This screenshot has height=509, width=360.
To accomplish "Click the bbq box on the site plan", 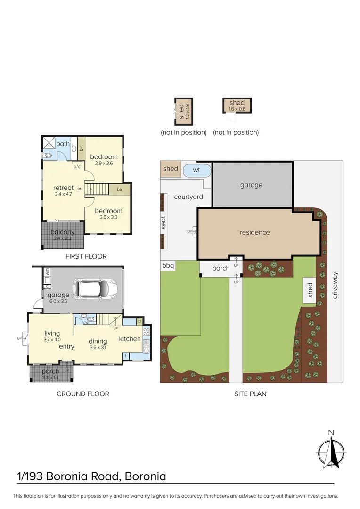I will point(168,266).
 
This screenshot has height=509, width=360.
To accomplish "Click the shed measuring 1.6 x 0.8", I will point(237,105).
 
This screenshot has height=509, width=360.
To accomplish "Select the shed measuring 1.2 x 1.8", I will point(183,111).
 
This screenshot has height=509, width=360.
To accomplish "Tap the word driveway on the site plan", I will point(335,286).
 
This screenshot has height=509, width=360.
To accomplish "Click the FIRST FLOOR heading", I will point(86,256).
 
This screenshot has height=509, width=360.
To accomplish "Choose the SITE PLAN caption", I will point(250,394).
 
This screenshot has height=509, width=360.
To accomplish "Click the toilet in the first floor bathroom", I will point(48,155).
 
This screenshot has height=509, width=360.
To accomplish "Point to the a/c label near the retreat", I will point(76,166).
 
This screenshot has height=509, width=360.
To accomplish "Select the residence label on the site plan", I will point(254,232).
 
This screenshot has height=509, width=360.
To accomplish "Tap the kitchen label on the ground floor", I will point(130,339).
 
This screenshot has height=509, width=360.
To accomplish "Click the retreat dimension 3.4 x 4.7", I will point(63,194).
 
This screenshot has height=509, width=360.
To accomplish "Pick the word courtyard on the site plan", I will point(188,197).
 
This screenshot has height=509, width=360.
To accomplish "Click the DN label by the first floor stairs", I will point(80,189).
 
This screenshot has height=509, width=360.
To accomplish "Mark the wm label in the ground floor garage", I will point(48,271).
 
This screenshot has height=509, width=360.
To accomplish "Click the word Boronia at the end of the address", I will point(146,476).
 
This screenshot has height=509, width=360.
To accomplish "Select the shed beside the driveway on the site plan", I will point(310,291).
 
